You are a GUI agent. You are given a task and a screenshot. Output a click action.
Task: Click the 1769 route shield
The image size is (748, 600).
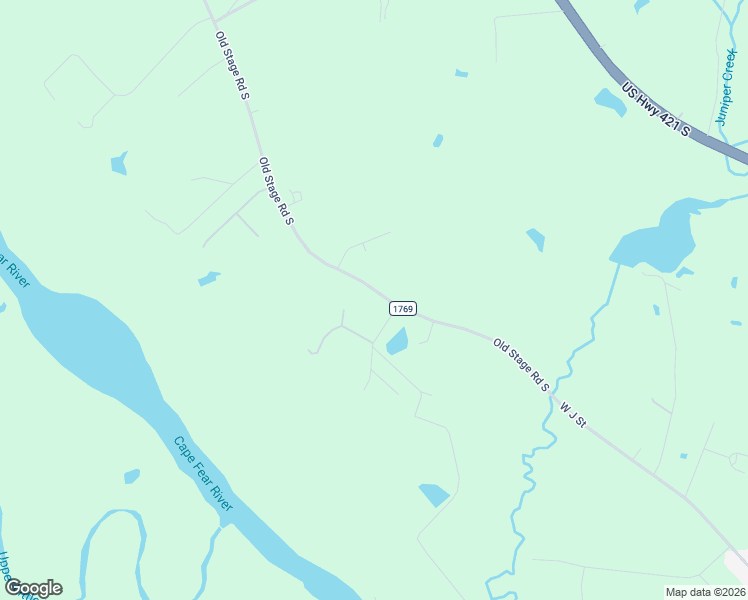[x=402, y=309]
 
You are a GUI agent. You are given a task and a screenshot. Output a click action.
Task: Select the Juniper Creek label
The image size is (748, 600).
[x=727, y=88]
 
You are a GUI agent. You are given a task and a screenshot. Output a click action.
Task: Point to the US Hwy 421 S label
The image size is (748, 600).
[x=656, y=110]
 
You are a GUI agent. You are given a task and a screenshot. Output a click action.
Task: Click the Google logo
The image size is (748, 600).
[x=33, y=588]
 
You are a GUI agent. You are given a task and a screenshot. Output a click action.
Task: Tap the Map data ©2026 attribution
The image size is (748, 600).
[x=704, y=592]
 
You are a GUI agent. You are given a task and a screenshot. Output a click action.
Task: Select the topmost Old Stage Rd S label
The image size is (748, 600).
[x=232, y=65]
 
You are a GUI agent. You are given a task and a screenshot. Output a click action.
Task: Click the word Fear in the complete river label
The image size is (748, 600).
[x=203, y=474]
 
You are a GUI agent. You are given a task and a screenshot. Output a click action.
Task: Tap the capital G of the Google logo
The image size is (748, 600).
[x=14, y=588]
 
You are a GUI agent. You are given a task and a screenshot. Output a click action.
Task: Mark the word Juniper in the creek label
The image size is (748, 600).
[x=724, y=105]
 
